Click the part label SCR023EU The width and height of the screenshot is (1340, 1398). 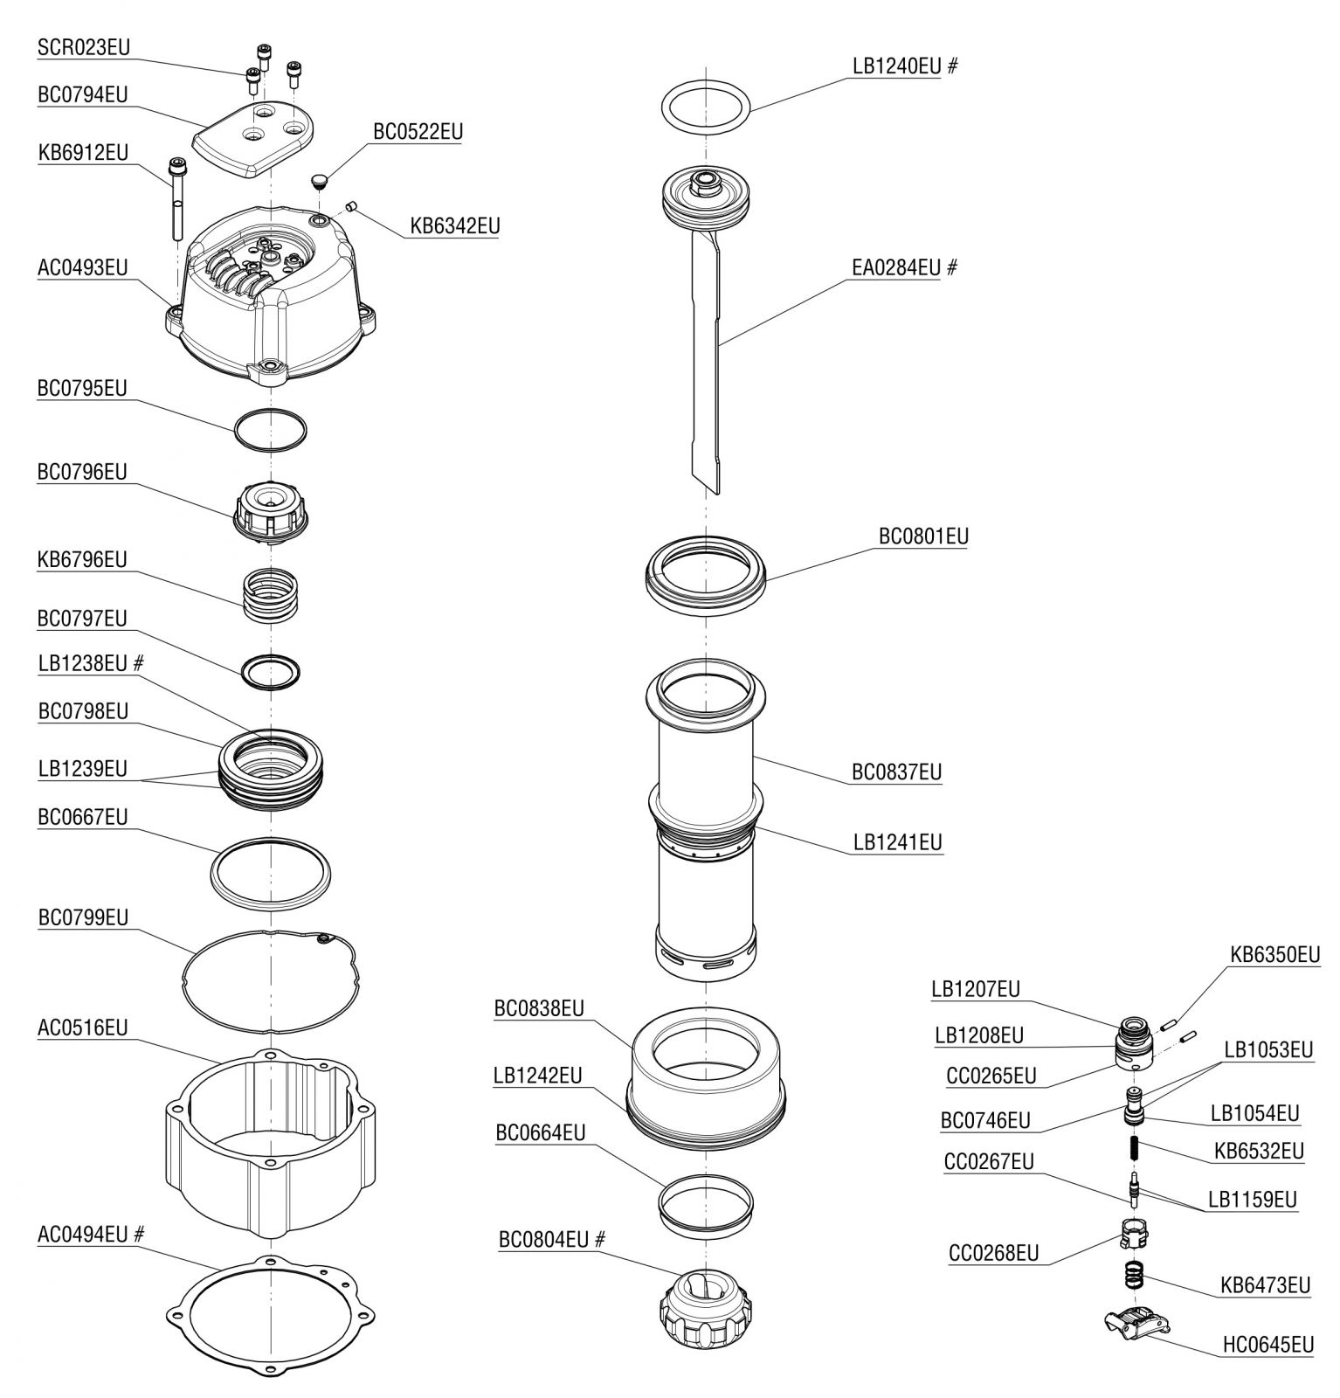83,47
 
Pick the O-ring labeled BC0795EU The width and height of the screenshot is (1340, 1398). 271,430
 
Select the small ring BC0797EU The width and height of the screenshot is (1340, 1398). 271,671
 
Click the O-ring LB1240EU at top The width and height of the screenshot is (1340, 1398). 705,108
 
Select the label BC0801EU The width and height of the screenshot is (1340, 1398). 923,536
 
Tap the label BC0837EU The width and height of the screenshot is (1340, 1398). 897,772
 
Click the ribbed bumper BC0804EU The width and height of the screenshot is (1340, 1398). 704,1302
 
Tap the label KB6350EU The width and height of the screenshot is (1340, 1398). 1274,954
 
